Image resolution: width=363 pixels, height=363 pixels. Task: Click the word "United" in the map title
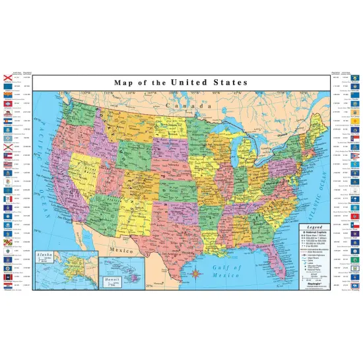190,82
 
